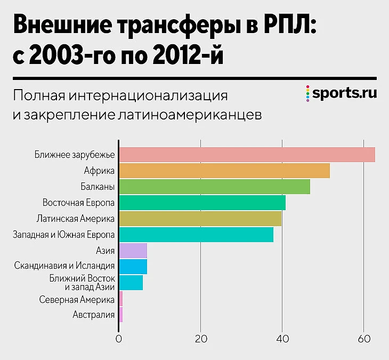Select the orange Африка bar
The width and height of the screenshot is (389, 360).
pyautogui.click(x=224, y=171)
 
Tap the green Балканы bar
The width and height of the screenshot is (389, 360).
pyautogui.click(x=214, y=187)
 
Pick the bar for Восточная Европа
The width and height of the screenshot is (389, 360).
pyautogui.click(x=202, y=203)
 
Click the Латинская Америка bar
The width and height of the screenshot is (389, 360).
pyautogui.click(x=200, y=219)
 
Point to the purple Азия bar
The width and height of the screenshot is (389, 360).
pyautogui.click(x=133, y=251)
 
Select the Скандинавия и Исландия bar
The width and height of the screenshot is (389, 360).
pyautogui.click(x=133, y=267)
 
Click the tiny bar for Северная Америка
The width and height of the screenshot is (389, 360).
pyautogui.click(x=120, y=299)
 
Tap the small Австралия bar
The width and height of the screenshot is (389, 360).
pyautogui.click(x=120, y=315)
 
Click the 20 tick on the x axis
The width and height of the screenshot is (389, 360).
pyautogui.click(x=200, y=338)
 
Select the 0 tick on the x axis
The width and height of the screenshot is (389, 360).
pyautogui.click(x=119, y=338)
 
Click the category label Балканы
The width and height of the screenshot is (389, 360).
pyautogui.click(x=99, y=187)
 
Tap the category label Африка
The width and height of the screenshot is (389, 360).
pyautogui.click(x=100, y=171)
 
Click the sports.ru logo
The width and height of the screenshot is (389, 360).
pyautogui.click(x=342, y=93)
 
